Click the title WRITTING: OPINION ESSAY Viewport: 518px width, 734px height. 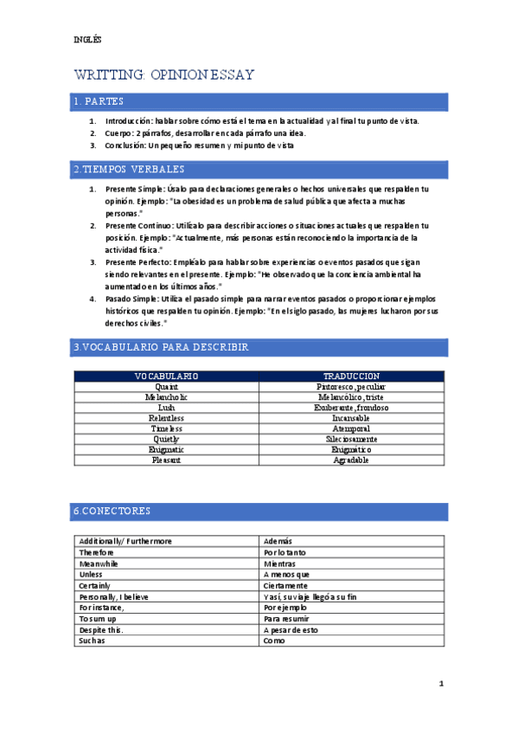pyautogui.click(x=164, y=74)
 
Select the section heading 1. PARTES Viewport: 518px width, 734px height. pyautogui.click(x=99, y=102)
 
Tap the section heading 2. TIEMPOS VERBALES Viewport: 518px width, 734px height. pyautogui.click(x=128, y=169)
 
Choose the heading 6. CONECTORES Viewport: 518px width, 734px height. pyautogui.click(x=112, y=511)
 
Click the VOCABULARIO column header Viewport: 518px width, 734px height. pyautogui.click(x=167, y=377)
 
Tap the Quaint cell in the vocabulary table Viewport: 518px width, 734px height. pyautogui.click(x=167, y=387)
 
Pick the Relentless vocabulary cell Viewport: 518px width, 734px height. pyautogui.click(x=167, y=418)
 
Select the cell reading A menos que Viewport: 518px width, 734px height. pyautogui.click(x=286, y=575)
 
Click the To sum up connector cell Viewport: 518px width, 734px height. pyautogui.click(x=96, y=620)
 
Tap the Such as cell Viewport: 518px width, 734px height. pyautogui.click(x=92, y=642)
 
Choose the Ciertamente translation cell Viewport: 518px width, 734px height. pyautogui.click(x=287, y=586)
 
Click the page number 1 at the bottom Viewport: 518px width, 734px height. pyautogui.click(x=441, y=684)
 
